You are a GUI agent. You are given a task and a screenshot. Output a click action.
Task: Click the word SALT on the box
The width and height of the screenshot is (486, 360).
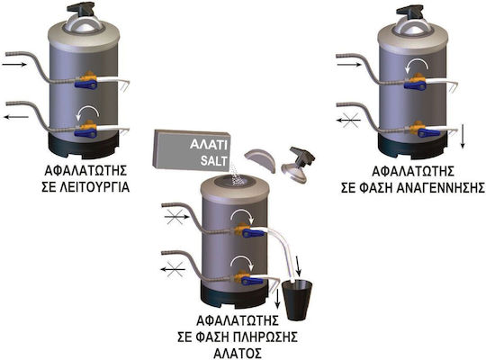[x=214, y=160]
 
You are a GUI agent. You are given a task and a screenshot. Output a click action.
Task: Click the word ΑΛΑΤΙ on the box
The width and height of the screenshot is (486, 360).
[x=209, y=145]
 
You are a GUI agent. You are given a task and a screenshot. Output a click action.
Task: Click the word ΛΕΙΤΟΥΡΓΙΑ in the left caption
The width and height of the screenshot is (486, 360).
[x=85, y=187]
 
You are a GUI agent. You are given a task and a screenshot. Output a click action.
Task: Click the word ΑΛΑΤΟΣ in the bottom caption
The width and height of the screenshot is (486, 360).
[x=238, y=353]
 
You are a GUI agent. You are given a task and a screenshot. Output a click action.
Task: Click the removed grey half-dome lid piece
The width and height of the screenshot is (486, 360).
[x=260, y=159]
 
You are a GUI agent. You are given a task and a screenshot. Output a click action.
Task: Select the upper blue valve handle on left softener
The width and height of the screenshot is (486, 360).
[x=85, y=84]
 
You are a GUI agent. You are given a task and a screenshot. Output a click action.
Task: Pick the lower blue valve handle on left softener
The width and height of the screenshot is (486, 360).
[x=85, y=133]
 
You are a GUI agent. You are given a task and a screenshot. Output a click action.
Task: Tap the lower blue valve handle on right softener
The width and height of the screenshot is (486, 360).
[x=428, y=133]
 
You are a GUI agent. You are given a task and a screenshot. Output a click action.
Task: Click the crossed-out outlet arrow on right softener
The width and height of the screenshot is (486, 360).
[x=348, y=120]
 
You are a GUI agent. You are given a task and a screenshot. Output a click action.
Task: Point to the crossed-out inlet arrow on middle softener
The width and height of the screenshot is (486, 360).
[x=176, y=217]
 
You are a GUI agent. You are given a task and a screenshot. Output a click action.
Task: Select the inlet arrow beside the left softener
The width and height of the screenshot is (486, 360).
[x=14, y=65]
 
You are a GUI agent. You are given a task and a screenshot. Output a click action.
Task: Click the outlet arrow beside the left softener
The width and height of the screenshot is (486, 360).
[x=16, y=117]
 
